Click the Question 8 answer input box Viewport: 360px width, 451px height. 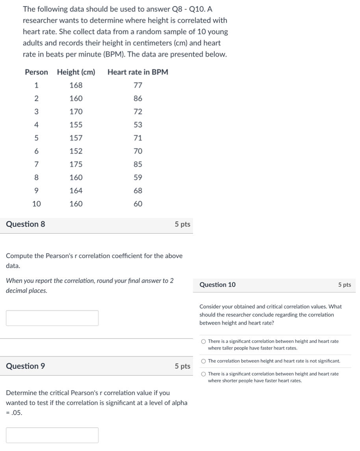point(52,318)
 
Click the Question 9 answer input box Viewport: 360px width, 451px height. point(52,435)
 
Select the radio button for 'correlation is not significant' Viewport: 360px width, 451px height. point(203,361)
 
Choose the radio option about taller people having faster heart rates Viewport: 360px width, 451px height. point(203,342)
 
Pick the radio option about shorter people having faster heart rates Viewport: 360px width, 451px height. point(203,374)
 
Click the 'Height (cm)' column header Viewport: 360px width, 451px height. point(76,72)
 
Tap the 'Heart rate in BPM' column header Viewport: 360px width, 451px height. point(137,72)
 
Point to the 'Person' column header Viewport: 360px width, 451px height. point(36,72)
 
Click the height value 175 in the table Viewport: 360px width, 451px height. point(76,164)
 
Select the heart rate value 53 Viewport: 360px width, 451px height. point(138,125)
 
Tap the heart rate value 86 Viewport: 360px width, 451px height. point(138,98)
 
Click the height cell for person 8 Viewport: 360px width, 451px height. point(76,177)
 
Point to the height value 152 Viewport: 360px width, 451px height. point(76,151)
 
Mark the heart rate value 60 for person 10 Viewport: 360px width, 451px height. point(138,204)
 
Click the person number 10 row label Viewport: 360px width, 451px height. point(36,204)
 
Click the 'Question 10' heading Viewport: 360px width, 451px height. point(217,285)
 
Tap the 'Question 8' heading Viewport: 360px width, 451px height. point(26,224)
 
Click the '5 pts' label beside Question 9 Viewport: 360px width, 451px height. point(182,366)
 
